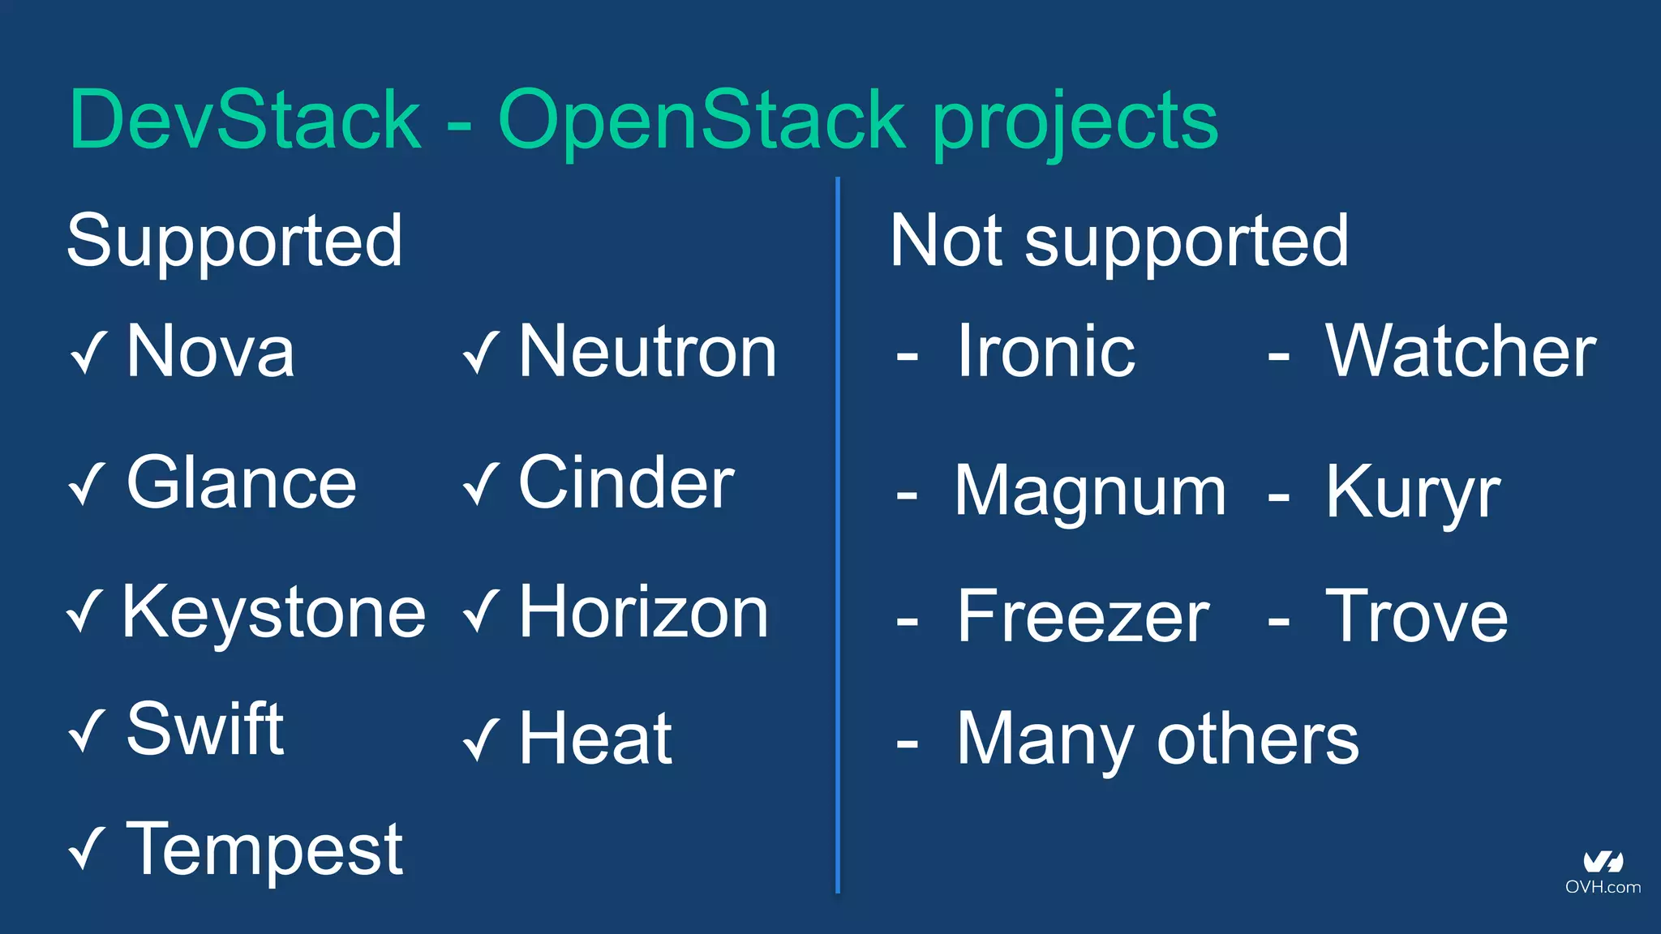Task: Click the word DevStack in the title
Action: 245,120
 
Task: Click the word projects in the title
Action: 1075,122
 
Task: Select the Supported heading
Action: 234,241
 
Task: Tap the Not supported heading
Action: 1119,241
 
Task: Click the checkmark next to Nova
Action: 88,353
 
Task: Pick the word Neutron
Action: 647,351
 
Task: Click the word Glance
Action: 241,483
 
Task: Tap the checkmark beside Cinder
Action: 481,485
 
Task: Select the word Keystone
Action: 273,613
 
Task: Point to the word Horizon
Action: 643,613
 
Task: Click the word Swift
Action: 204,730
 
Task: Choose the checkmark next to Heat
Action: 481,740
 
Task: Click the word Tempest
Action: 264,849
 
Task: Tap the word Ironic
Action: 1045,351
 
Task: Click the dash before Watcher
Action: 1278,355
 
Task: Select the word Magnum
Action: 1089,491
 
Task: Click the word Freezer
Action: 1083,617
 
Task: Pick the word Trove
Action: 1416,617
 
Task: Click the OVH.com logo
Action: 1603,873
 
